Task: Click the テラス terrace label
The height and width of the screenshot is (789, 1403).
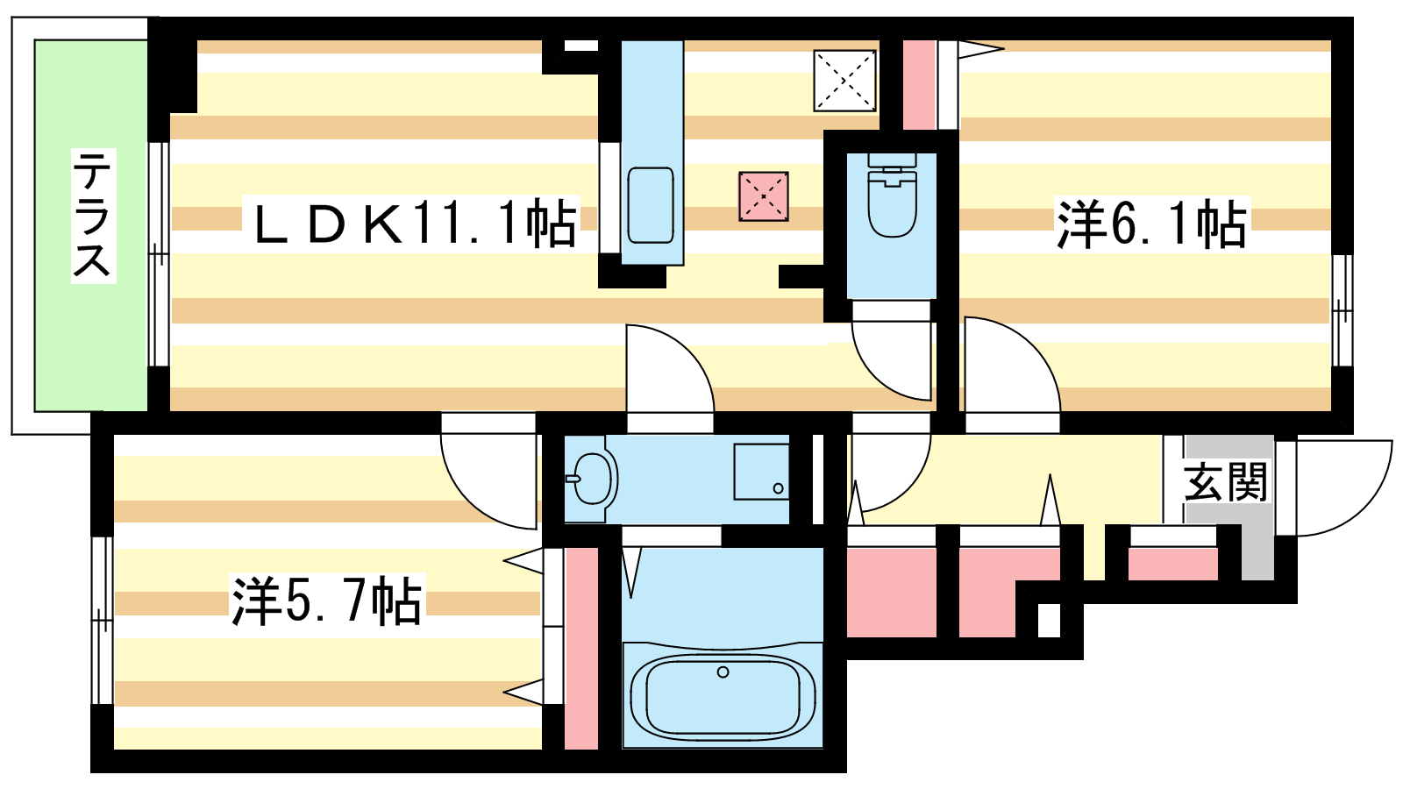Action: pos(93,216)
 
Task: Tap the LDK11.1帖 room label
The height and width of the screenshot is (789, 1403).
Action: pos(415,224)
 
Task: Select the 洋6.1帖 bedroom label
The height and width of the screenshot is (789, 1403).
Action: pos(1151,224)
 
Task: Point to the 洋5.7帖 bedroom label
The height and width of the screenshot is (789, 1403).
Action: pos(326,601)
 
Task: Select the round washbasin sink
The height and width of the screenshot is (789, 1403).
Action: pos(592,479)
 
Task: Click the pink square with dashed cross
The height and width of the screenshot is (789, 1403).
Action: pos(764,196)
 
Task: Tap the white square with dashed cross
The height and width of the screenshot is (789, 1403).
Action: pos(844,81)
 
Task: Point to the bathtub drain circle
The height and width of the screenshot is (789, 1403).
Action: pos(723,672)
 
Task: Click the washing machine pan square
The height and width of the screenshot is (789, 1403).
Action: pos(761,473)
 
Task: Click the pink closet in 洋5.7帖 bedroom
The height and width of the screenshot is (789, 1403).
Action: pos(581,648)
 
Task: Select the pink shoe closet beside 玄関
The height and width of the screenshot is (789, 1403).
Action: pos(1172,565)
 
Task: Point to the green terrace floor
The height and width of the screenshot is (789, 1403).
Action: pos(91,225)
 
